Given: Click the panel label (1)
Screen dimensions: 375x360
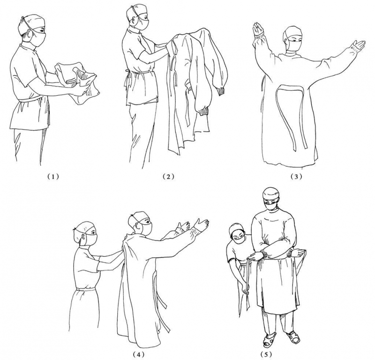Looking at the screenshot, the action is [x=53, y=177].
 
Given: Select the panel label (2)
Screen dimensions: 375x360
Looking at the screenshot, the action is [x=168, y=177].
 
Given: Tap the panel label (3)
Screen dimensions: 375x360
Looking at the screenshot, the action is [x=296, y=177].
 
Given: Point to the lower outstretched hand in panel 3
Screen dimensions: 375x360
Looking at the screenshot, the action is [x=360, y=45].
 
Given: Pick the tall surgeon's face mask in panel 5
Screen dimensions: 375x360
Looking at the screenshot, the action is [x=271, y=206].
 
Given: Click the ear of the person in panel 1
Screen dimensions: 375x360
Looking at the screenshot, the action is [x=30, y=34].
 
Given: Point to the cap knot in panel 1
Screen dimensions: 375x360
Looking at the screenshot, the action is [x=22, y=18].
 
